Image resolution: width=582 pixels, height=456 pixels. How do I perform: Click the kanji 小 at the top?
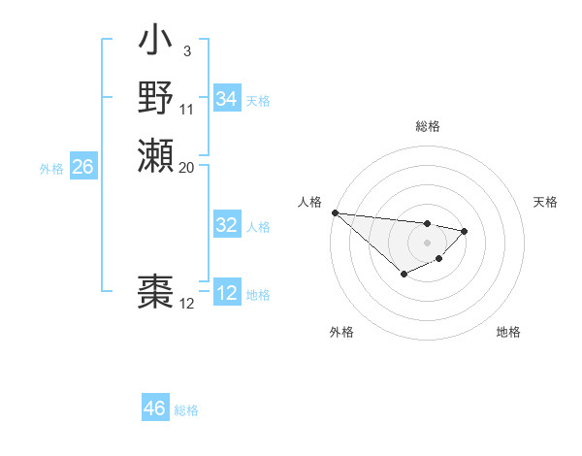(155, 42)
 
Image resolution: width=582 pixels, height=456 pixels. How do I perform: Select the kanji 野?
(155, 97)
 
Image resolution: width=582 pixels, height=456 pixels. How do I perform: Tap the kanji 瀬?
(155, 154)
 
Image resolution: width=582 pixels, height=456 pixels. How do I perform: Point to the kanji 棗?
(155, 291)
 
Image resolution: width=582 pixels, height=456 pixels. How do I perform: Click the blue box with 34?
(226, 99)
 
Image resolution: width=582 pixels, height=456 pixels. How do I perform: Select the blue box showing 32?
(226, 225)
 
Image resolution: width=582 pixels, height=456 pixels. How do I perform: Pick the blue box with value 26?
(82, 167)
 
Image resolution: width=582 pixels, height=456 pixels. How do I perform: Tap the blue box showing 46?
(154, 408)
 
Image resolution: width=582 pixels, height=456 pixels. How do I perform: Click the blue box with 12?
(226, 293)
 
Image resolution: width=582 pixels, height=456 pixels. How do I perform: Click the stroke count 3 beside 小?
(185, 50)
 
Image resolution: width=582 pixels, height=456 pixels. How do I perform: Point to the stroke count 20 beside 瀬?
(187, 167)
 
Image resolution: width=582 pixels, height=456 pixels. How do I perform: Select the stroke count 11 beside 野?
(187, 109)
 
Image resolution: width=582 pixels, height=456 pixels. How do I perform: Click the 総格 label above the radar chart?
(428, 126)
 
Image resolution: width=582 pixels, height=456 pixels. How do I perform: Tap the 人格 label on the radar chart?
(310, 202)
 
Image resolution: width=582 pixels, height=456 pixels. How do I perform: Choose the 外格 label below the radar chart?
(341, 332)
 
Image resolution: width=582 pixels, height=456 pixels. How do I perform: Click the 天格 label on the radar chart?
(545, 202)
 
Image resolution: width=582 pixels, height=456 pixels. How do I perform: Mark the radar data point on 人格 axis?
(334, 212)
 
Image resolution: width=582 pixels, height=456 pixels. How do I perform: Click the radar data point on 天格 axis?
(465, 231)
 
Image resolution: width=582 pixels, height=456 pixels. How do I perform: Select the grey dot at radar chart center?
(427, 243)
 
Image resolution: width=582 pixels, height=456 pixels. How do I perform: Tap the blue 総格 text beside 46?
(186, 410)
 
